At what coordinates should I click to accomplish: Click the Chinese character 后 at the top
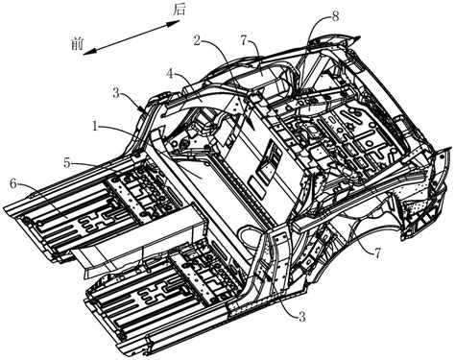[x=180, y=9]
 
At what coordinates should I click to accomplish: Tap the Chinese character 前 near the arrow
[x=78, y=43]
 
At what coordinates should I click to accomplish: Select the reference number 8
[x=335, y=16]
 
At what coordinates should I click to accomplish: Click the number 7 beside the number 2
[x=245, y=41]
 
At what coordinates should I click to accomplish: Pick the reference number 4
[x=170, y=74]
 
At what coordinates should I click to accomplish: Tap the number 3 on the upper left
[x=116, y=94]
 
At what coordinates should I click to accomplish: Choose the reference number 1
[x=95, y=127]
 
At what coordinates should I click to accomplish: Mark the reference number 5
[x=67, y=163]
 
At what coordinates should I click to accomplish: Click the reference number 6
[x=13, y=183]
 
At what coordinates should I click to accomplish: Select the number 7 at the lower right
[x=378, y=253]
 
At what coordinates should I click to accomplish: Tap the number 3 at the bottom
[x=301, y=317]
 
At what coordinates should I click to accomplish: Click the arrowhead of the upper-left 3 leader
[x=141, y=109]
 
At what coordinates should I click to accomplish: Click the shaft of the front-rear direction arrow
[x=132, y=37]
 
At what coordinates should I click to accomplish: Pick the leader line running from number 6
[x=42, y=201]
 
